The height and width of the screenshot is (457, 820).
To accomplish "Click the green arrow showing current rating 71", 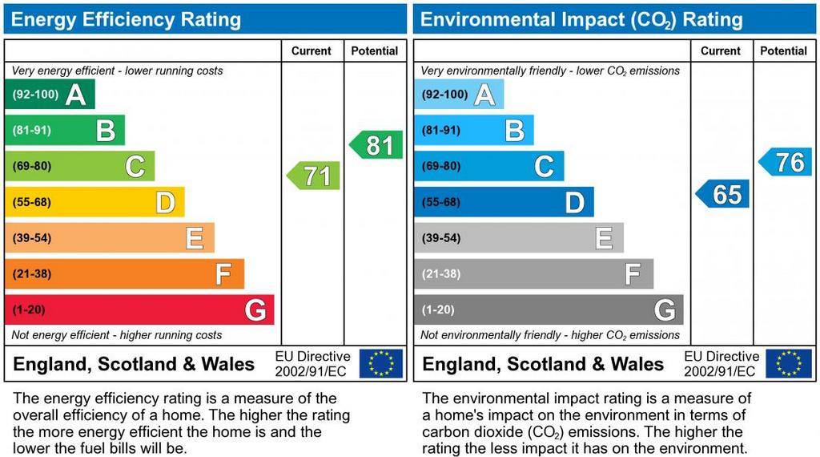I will (x=314, y=175).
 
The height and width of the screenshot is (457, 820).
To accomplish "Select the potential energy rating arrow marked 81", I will (x=376, y=145).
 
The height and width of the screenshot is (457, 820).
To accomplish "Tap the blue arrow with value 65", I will (x=723, y=194).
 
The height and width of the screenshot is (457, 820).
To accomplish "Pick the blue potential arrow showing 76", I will (x=786, y=162).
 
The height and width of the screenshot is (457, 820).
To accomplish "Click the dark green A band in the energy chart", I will (x=50, y=95).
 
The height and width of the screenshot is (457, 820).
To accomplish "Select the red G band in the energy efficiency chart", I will (x=139, y=309).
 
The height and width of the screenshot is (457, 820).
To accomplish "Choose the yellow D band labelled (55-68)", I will (x=94, y=202).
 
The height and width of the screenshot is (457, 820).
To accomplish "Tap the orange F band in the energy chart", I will (x=124, y=274).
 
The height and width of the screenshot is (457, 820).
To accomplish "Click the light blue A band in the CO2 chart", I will (x=459, y=95).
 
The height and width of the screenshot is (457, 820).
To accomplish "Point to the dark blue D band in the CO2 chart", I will (x=504, y=202).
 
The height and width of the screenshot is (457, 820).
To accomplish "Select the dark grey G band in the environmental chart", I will (x=549, y=309).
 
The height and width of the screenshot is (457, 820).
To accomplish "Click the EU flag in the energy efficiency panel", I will (x=381, y=363).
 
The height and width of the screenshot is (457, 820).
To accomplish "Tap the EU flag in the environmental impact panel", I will (x=789, y=363).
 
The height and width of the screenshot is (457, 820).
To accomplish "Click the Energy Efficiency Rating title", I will (x=126, y=19).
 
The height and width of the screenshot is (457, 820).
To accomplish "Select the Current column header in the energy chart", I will (x=312, y=51).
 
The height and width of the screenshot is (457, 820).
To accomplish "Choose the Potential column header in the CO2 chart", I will (x=783, y=51).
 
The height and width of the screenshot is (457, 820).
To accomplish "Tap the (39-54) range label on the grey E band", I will (x=441, y=238).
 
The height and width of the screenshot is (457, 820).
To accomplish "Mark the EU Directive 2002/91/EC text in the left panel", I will (x=312, y=363).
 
